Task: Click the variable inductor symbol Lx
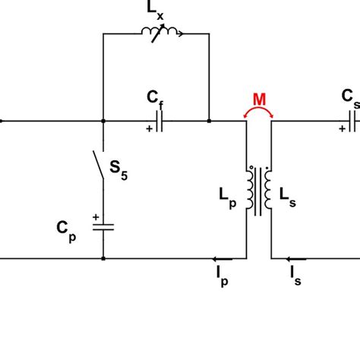[x=159, y=33]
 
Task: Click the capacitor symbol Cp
[x=103, y=226]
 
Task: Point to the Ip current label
[x=221, y=278]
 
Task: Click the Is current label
[x=295, y=278]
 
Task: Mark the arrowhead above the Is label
[x=293, y=259]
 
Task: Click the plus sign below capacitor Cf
[x=149, y=130]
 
